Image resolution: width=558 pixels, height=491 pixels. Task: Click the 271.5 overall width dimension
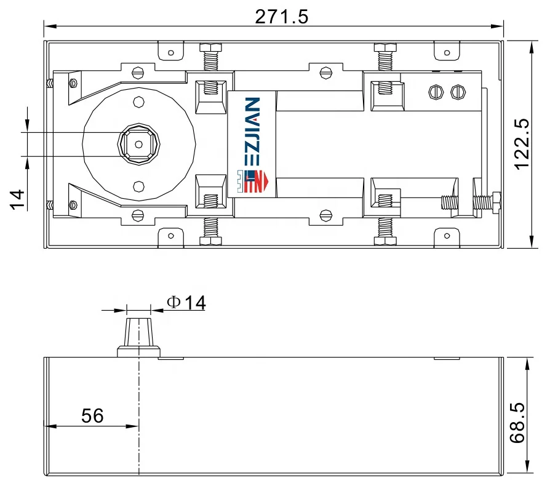tap(281, 16)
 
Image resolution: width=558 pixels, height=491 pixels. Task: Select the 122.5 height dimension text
tap(522, 145)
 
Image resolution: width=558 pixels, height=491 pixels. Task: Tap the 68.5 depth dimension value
tap(518, 423)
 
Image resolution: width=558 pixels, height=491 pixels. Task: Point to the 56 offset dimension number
tap(92, 416)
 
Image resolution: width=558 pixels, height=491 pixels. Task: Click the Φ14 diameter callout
tap(186, 302)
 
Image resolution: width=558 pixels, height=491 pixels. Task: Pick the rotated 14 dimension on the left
tap(17, 199)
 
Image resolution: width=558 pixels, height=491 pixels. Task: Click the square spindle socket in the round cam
tap(138, 145)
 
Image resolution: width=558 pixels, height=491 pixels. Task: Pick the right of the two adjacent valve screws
tap(456, 92)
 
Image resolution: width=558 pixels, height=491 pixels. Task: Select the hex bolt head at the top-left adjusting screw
tap(210, 47)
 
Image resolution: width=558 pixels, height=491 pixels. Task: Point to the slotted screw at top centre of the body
tap(324, 72)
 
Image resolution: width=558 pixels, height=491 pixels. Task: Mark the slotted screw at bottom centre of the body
tap(324, 215)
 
